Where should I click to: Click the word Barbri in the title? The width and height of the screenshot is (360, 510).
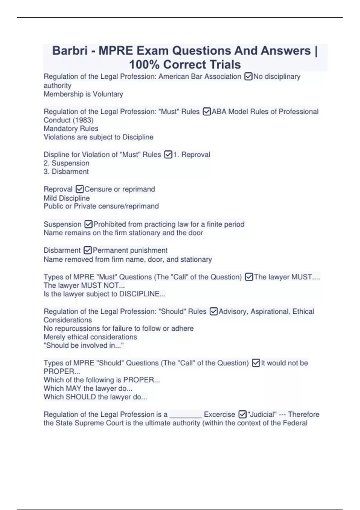coord(70,51)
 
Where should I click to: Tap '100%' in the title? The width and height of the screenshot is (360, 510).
coord(144,64)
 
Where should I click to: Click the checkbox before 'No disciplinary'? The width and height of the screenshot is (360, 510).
coord(248,77)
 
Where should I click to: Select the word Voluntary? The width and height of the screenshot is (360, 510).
coord(108,94)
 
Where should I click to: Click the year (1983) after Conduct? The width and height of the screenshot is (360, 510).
coord(83,120)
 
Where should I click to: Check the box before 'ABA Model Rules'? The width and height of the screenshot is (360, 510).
coord(207,112)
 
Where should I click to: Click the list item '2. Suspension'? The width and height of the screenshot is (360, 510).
coord(67,163)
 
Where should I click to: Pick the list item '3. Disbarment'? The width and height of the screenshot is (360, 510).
coord(66,172)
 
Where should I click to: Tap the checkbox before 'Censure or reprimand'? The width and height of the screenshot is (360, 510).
coord(79,189)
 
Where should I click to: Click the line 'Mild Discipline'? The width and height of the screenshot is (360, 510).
coord(67,198)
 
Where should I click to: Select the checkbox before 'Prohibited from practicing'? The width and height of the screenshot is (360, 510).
coord(88,224)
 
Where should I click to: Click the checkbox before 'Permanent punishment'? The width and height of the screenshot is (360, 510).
coord(88,250)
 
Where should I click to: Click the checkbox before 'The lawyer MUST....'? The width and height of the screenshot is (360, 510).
coord(249,277)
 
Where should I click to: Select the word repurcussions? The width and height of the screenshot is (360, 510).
coord(78,328)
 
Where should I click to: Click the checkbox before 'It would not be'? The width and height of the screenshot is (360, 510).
coord(256,363)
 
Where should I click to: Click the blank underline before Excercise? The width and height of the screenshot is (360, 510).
coord(186,415)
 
